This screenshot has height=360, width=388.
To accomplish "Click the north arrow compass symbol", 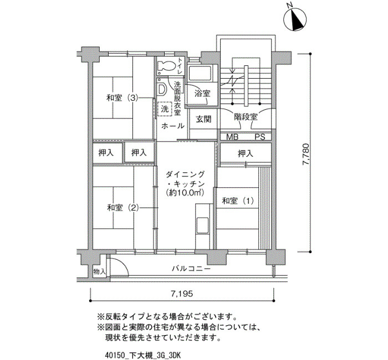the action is pyautogui.click(x=295, y=19).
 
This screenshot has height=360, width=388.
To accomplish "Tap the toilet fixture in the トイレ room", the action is pyautogui.click(x=166, y=66).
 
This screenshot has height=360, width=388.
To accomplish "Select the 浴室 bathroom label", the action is pyautogui.click(x=202, y=94).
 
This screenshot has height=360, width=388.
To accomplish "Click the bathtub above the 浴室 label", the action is pyautogui.click(x=200, y=74).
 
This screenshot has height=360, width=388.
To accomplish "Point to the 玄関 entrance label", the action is pyautogui.click(x=203, y=119).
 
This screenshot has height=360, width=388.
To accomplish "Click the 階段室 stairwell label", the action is pyautogui.click(x=246, y=117).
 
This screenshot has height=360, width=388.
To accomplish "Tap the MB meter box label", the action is pyautogui.click(x=232, y=137).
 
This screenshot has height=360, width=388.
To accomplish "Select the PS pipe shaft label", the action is pyautogui.click(x=260, y=137).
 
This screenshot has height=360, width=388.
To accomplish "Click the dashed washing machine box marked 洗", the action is pyautogui.click(x=165, y=109).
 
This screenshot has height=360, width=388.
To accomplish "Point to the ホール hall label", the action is pyautogui.click(x=173, y=126).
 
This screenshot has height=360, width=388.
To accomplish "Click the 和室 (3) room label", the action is pyautogui.click(x=122, y=98).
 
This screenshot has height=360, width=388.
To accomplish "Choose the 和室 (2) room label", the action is pyautogui.click(x=122, y=208).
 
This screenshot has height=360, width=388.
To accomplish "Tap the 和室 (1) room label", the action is pyautogui.click(x=238, y=200).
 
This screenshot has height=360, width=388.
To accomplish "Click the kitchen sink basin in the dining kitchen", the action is pyautogui.click(x=203, y=225).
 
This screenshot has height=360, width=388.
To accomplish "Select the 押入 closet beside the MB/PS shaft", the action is pyautogui.click(x=246, y=154).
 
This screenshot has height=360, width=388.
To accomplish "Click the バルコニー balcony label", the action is pyautogui.click(x=191, y=268).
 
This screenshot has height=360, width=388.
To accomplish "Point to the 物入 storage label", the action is pyautogui.click(x=99, y=272).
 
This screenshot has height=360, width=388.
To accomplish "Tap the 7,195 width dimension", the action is pyautogui.click(x=182, y=294).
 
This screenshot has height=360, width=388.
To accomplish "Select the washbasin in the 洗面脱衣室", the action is pyautogui.click(x=162, y=89).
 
